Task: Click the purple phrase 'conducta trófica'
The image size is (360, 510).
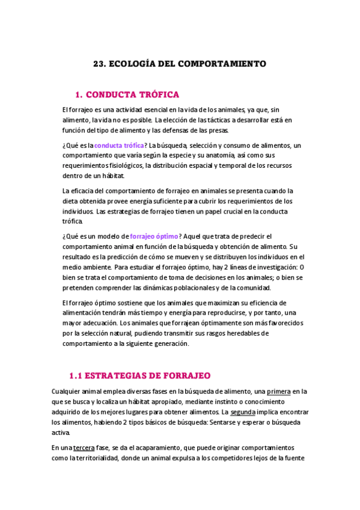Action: [x=119, y=146]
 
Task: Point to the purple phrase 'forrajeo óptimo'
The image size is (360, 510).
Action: [x=154, y=236]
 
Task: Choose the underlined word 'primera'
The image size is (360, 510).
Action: [x=279, y=392]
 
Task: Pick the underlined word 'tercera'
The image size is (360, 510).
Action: [x=85, y=447]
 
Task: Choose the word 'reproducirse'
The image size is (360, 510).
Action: [x=223, y=313]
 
